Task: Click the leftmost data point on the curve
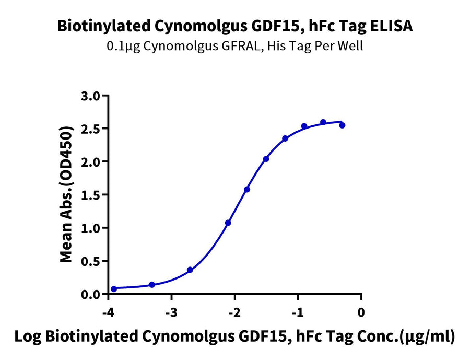coord(114,289)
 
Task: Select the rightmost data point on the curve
coord(342,125)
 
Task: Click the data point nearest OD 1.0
coord(228,223)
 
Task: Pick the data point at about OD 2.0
coord(266,159)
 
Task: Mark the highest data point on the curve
coord(323,122)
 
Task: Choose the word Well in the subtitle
coord(350,46)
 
